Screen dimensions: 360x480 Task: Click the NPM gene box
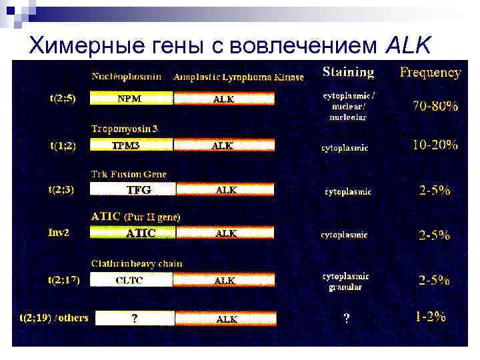click(131, 99)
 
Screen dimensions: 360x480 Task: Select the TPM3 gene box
click(131, 145)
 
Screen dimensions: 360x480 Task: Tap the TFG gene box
click(137, 189)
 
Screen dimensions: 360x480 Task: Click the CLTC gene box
click(131, 281)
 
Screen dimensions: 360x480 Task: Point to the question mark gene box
click(134, 319)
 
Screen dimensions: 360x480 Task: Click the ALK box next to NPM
click(224, 99)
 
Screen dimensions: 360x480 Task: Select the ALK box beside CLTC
click(224, 281)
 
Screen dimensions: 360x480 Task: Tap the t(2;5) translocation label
click(63, 98)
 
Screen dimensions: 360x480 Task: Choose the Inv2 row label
click(58, 233)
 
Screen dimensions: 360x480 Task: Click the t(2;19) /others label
click(54, 317)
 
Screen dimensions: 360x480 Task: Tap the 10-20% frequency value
click(435, 145)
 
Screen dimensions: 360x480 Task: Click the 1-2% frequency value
click(430, 317)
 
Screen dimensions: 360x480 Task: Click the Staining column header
click(348, 72)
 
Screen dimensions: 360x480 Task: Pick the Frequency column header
click(430, 73)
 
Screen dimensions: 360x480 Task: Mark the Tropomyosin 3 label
click(125, 127)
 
